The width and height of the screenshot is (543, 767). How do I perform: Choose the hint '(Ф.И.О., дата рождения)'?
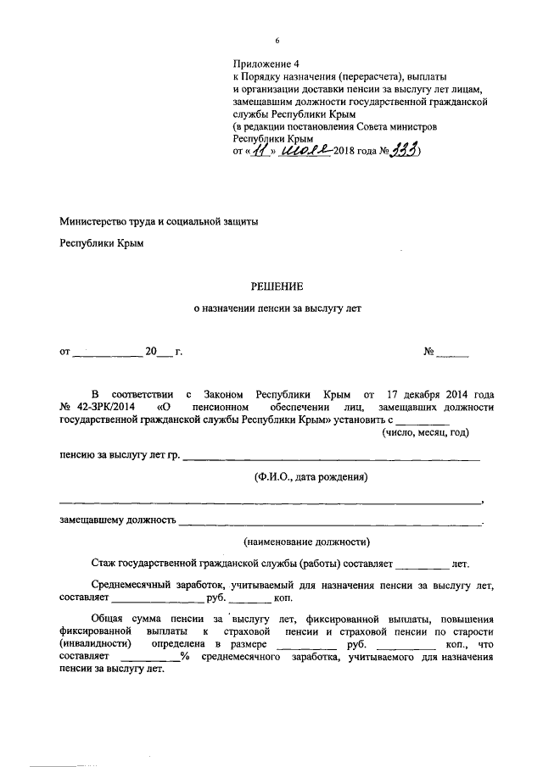310,477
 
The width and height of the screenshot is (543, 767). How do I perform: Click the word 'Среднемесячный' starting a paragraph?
135,585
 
